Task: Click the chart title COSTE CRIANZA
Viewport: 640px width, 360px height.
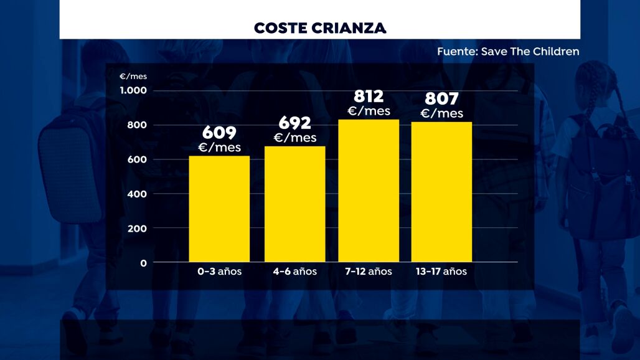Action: point(320,28)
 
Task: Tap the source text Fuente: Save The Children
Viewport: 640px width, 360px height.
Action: point(508,52)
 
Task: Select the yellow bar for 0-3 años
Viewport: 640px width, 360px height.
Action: point(219,209)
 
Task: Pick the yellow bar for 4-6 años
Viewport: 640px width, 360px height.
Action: point(295,204)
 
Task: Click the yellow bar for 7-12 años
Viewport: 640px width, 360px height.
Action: point(369,191)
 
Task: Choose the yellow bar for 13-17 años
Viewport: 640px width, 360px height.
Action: point(441,192)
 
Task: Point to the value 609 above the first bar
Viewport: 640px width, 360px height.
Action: point(219,133)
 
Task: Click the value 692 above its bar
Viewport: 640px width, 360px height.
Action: point(295,123)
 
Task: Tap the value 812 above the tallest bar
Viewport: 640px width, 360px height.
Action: point(369,97)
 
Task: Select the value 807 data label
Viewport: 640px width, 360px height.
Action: point(441,99)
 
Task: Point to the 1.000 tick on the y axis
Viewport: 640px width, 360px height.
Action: point(133,91)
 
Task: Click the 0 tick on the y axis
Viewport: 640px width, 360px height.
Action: point(143,263)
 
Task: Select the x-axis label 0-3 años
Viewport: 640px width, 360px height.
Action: point(219,272)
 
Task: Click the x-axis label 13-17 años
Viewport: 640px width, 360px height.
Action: point(441,272)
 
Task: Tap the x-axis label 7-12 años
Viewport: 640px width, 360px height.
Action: point(369,272)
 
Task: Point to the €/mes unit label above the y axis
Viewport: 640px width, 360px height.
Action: point(133,77)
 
